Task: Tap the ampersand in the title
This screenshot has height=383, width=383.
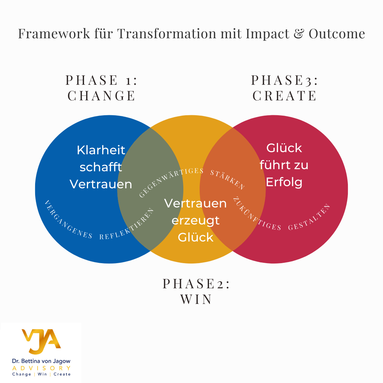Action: click(x=298, y=34)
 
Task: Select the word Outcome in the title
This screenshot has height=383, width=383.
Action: click(x=337, y=34)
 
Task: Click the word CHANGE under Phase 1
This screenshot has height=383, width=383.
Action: click(x=102, y=96)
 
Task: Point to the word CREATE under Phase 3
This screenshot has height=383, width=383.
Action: click(x=284, y=96)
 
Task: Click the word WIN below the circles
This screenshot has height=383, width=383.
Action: click(x=196, y=299)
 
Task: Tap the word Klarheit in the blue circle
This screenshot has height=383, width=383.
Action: click(x=101, y=150)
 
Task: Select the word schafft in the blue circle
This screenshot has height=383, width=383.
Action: click(x=101, y=167)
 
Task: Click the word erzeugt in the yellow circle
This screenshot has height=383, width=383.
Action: click(x=195, y=220)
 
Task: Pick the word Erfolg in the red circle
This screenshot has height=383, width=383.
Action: click(x=284, y=182)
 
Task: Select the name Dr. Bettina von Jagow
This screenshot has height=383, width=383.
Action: click(x=41, y=361)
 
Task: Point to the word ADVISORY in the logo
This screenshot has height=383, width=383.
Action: click(x=41, y=368)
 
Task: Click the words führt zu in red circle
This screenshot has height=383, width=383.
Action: click(x=284, y=165)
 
